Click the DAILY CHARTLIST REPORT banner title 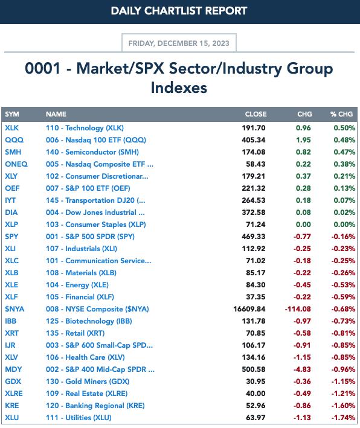pyautogui.click(x=179, y=11)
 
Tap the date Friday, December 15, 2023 pyautogui.click(x=179, y=43)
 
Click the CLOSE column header pyautogui.click(x=256, y=114)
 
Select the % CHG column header pyautogui.click(x=341, y=114)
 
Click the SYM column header pyautogui.click(x=12, y=114)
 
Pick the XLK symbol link pyautogui.click(x=11, y=128)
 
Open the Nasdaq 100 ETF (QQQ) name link pyautogui.click(x=96, y=140)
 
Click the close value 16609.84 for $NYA pyautogui.click(x=249, y=309)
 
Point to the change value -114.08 pyautogui.click(x=298, y=309)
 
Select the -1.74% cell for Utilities pyautogui.click(x=343, y=418)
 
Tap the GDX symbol pyautogui.click(x=13, y=382)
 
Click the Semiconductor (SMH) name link pyautogui.click(x=92, y=152)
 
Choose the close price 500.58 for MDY pyautogui.click(x=254, y=369)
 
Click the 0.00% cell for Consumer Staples pyautogui.click(x=344, y=225)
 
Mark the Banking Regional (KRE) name pyautogui.click(x=95, y=406)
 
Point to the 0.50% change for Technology pyautogui.click(x=344, y=128)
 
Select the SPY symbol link pyautogui.click(x=11, y=237)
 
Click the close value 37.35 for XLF pyautogui.click(x=256, y=297)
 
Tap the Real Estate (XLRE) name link pyautogui.click(x=86, y=394)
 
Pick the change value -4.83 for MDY pyautogui.click(x=302, y=369)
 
